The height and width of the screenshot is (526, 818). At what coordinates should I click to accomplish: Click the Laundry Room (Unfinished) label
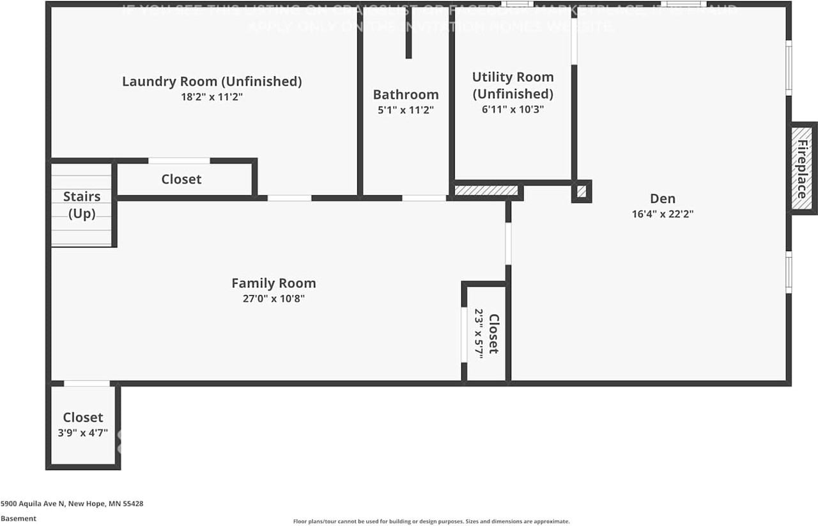click(212, 82)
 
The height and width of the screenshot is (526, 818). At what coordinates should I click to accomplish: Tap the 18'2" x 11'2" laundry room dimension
click(212, 97)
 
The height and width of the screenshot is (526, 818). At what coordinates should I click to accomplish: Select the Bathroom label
click(406, 95)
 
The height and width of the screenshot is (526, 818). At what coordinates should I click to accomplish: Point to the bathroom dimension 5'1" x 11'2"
click(406, 110)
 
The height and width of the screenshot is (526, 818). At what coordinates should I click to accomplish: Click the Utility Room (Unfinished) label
click(513, 85)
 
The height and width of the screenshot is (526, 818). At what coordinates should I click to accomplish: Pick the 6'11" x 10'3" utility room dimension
click(513, 109)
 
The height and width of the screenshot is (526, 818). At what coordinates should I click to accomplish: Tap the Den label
click(662, 199)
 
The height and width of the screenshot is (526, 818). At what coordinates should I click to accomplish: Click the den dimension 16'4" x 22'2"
click(662, 214)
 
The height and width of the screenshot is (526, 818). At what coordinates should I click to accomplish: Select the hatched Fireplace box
click(802, 168)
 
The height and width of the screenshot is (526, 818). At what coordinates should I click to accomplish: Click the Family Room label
click(274, 283)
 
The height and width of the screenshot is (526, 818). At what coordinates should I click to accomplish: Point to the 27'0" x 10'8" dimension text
click(274, 298)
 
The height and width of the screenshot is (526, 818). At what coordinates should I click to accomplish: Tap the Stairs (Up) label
click(82, 205)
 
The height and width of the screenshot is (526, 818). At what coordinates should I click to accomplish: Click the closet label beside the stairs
click(181, 179)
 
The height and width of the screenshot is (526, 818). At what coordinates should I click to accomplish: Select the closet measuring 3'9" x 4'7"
click(82, 425)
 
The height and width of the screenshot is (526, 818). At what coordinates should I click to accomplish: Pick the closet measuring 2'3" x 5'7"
click(486, 333)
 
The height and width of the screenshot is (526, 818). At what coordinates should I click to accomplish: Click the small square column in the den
click(581, 191)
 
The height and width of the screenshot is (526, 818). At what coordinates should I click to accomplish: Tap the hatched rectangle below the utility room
click(486, 191)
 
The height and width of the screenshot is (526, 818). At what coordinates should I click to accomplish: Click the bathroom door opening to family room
click(424, 198)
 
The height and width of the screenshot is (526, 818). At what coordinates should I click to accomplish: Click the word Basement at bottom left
click(19, 518)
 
